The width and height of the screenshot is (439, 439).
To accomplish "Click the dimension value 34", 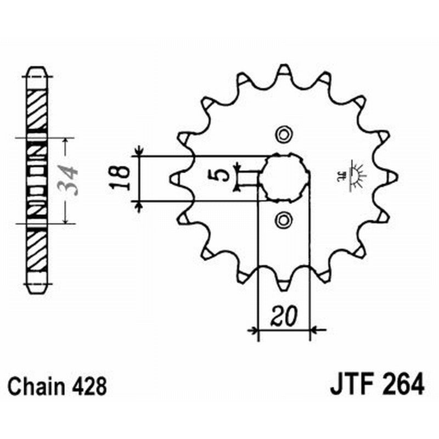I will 70,180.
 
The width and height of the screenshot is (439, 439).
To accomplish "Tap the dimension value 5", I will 220,175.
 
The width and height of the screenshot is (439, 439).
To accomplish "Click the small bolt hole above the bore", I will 284,134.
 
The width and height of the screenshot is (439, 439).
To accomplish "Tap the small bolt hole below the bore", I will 284,220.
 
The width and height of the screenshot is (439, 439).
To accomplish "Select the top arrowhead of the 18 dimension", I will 139,151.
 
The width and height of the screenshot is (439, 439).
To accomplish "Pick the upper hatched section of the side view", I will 37,110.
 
